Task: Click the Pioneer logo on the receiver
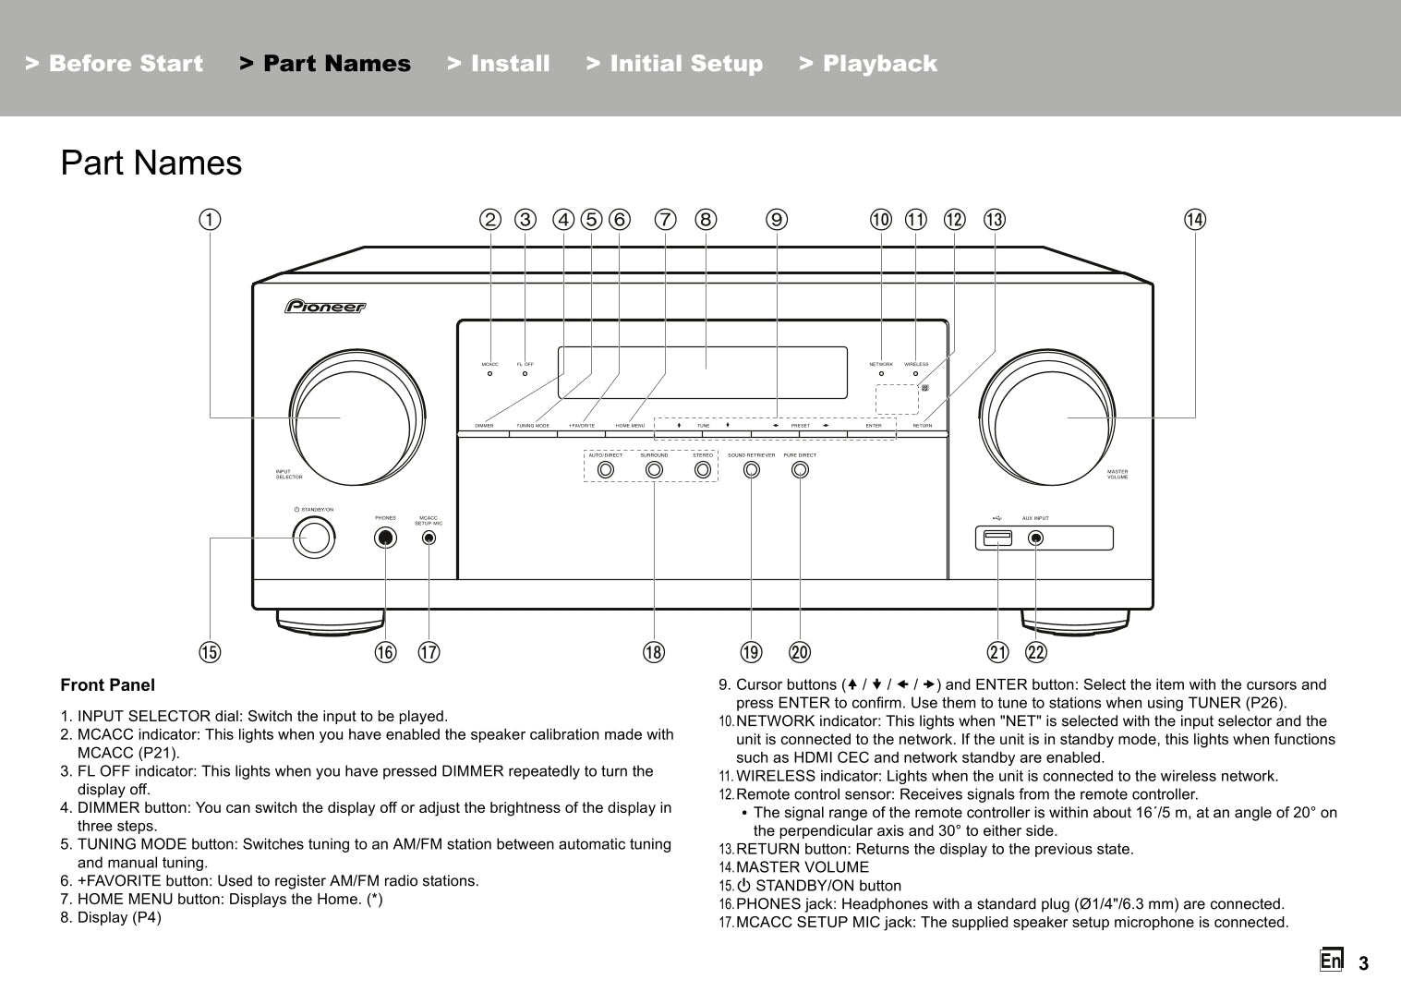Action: click(x=325, y=306)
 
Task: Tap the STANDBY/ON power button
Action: click(x=313, y=538)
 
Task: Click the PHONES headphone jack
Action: click(x=386, y=538)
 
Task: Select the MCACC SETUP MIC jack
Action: click(x=429, y=538)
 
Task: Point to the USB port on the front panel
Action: click(x=998, y=538)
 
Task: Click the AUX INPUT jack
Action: click(x=1036, y=538)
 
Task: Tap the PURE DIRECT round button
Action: click(x=800, y=469)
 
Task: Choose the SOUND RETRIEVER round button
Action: click(x=752, y=469)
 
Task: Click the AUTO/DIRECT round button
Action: click(x=606, y=469)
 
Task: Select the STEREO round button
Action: click(x=703, y=469)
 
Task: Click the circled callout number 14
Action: click(x=1195, y=220)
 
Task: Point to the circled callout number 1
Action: click(x=211, y=220)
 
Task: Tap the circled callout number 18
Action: click(x=654, y=652)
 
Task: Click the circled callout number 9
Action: click(x=777, y=220)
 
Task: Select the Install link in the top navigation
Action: click(x=499, y=64)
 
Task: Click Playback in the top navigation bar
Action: click(x=868, y=64)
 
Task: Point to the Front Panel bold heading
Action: click(x=108, y=685)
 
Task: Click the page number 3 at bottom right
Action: click(x=1363, y=964)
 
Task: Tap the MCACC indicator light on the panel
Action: click(x=489, y=374)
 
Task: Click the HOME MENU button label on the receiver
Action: click(x=631, y=426)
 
